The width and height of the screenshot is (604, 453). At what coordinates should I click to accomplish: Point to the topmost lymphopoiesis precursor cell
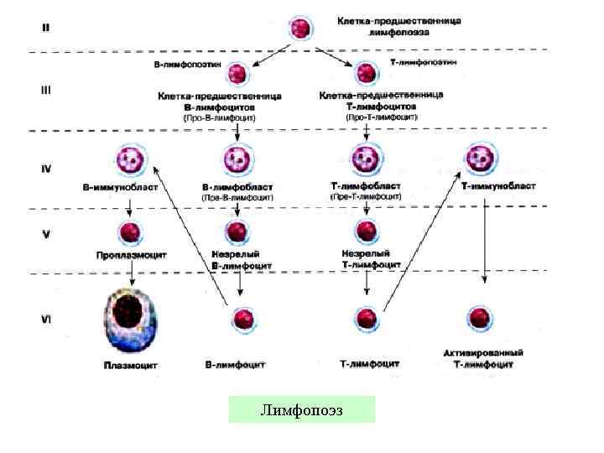(300, 28)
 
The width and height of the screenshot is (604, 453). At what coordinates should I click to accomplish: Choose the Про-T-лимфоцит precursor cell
(367, 74)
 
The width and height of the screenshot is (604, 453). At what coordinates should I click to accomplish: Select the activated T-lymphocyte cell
(479, 319)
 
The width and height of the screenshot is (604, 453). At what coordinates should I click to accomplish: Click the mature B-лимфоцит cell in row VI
(242, 319)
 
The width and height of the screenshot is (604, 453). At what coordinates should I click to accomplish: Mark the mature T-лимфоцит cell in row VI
(367, 319)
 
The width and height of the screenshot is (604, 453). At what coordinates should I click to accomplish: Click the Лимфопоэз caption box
(301, 409)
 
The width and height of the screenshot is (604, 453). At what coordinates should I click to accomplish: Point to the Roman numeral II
(48, 28)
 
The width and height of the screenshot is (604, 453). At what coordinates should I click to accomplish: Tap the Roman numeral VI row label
(48, 320)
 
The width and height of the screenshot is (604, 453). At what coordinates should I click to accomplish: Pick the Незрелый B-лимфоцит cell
(237, 232)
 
